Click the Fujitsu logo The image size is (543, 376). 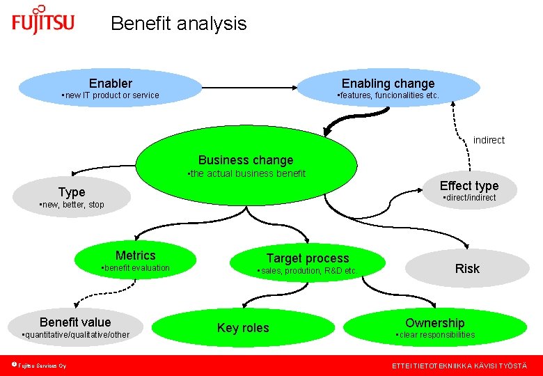42,21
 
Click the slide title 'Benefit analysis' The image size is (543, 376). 178,24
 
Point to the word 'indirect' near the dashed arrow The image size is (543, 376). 489,140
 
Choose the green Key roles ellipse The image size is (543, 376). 243,328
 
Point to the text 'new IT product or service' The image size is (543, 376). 111,95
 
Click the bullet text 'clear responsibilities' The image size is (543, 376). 436,335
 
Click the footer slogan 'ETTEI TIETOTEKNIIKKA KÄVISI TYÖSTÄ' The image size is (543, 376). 459,366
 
